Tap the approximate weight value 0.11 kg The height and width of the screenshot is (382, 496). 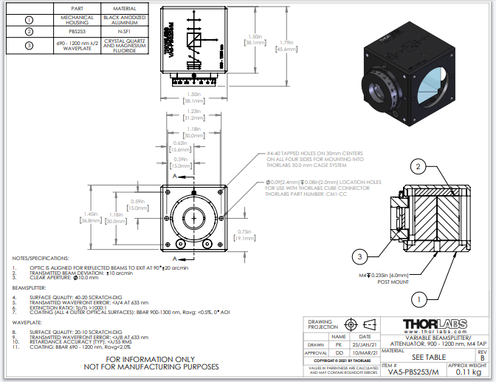pos(468,372)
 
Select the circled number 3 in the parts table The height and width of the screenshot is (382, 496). pos(29,46)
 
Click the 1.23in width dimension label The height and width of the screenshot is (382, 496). pos(194,112)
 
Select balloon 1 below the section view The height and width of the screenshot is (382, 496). pos(419,299)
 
